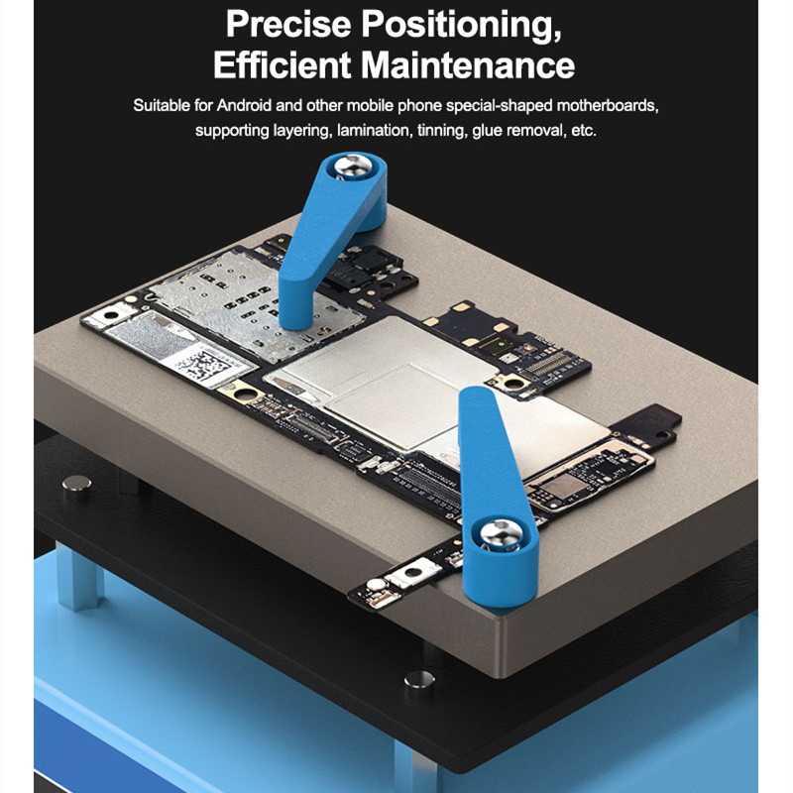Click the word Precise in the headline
point(288,24)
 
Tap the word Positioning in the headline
point(461,26)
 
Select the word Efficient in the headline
point(282,64)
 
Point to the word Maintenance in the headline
point(468,64)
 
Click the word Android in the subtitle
point(244,105)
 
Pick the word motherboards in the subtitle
point(608,105)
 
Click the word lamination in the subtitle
point(375,130)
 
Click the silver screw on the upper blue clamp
point(354,166)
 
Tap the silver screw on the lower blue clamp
point(501,534)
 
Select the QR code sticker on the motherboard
point(207,364)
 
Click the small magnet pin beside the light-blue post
point(77,488)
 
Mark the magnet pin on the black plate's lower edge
point(419,682)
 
